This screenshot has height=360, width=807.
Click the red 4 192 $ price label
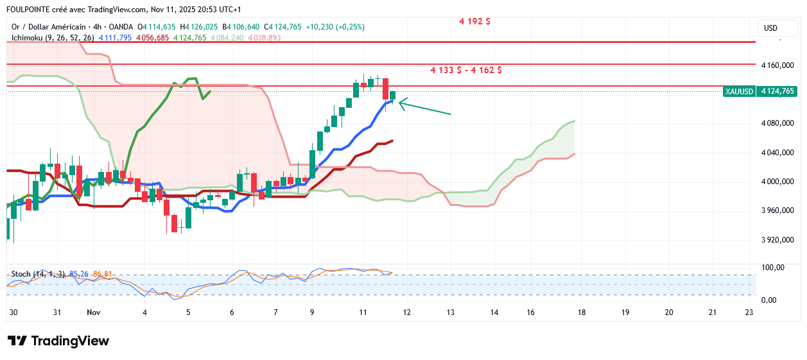(474, 21)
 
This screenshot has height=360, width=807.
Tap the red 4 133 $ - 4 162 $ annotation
(465, 70)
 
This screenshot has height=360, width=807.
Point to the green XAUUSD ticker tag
(738, 91)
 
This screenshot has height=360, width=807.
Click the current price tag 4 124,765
(777, 91)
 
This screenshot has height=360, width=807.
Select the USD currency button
(770, 28)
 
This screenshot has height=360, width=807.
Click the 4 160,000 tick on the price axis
(777, 65)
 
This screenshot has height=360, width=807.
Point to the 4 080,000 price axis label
(777, 123)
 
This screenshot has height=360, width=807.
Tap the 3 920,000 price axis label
(777, 240)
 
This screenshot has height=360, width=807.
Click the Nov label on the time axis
(94, 313)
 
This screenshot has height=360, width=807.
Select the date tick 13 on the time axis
(450, 313)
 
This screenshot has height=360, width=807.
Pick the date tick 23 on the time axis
(749, 313)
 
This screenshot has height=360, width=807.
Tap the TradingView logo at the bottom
(58, 341)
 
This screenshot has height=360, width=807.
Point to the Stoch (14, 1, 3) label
(38, 274)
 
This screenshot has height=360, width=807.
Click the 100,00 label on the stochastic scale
(773, 268)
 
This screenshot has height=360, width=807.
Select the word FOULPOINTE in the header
(29, 10)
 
